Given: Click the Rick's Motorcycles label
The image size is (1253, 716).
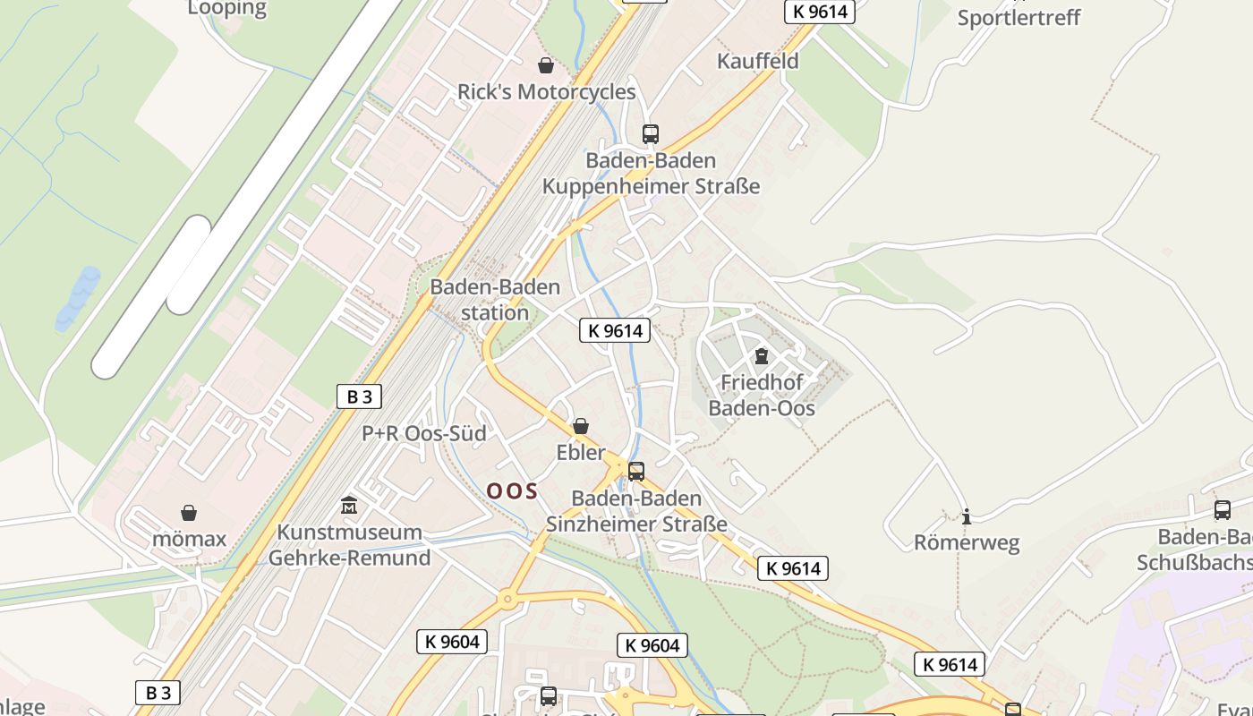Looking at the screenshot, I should point(546,92).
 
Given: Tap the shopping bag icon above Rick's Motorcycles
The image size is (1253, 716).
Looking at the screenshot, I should point(545,65).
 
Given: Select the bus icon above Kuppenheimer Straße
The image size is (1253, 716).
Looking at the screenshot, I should point(651,134).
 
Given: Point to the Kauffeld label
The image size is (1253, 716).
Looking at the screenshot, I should point(758,61).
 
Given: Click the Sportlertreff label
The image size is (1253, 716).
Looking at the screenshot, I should point(1019,18).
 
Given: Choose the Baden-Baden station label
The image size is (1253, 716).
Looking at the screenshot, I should point(495,300).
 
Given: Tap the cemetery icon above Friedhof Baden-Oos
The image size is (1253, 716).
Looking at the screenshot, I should point(762,356).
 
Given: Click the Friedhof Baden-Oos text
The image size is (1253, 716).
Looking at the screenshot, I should point(762,395).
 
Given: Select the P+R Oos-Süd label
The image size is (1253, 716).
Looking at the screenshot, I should point(424,433).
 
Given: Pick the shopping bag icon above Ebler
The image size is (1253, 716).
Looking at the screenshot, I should point(581,426).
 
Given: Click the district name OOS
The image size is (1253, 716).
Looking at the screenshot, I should point(512,490).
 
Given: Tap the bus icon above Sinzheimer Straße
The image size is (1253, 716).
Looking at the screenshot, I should point(636,471).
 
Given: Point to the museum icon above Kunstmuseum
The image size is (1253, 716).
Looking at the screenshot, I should point(349,506).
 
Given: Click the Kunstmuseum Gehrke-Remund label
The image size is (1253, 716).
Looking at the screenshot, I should point(349,545).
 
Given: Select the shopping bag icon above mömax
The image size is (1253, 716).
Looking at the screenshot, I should point(189,513).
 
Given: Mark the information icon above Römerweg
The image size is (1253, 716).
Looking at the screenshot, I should point(967,516).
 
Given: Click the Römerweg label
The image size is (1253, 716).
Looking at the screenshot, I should point(967,542).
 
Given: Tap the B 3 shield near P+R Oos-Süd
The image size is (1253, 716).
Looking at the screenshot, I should point(359,396).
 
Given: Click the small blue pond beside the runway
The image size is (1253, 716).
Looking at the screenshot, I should point(78,297).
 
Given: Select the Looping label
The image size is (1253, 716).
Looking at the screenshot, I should point(227,9).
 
